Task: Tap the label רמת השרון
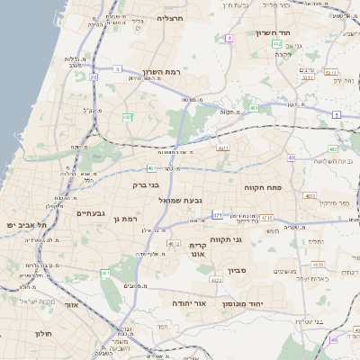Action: (x=163, y=72)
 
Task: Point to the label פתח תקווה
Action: (x=262, y=187)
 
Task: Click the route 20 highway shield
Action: (x=94, y=77)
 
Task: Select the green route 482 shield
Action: (x=128, y=117)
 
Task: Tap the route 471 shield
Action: (x=218, y=215)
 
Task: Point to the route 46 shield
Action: (x=333, y=340)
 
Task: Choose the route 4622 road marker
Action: (x=215, y=281)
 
